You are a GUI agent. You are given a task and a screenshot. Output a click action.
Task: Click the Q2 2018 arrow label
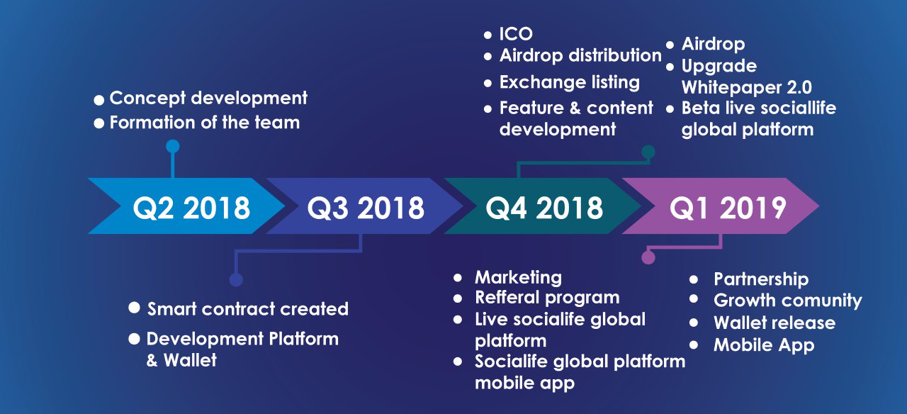(191, 208)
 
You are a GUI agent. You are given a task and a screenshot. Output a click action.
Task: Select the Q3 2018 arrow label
(366, 208)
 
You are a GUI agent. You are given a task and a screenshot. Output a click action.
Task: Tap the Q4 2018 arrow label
(544, 208)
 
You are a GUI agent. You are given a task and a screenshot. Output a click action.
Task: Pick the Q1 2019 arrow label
(728, 208)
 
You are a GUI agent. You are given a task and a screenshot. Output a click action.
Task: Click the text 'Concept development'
(208, 99)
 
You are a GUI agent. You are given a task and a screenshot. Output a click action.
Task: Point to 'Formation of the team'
(205, 123)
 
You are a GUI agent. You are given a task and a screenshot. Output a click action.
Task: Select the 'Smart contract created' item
(248, 308)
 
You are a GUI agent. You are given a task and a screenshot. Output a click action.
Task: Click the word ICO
(515, 33)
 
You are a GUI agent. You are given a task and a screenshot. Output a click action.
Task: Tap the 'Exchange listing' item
(569, 82)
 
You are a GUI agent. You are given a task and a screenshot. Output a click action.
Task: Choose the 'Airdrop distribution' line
(580, 55)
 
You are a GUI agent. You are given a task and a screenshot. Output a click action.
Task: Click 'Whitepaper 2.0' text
(746, 87)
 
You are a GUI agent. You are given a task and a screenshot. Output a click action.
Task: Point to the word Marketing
(518, 278)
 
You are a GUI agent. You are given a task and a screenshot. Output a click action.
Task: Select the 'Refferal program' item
(547, 298)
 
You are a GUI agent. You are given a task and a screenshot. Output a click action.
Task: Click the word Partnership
(761, 279)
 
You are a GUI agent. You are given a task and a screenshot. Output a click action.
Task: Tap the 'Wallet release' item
(774, 323)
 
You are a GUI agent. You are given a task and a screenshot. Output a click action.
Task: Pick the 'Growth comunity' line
(787, 301)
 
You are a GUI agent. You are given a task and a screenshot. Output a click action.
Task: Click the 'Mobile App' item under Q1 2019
(764, 345)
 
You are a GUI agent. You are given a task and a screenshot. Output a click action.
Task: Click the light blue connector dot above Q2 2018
(173, 146)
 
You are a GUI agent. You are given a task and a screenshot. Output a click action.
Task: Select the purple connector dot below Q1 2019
(648, 257)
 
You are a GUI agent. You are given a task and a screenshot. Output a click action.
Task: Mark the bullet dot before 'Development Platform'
(134, 339)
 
